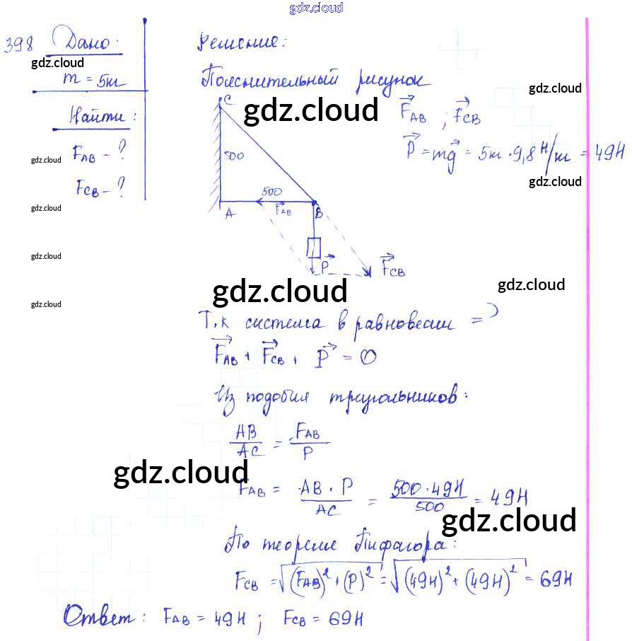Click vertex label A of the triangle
pyautogui.click(x=229, y=216)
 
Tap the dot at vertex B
pyautogui.click(x=315, y=202)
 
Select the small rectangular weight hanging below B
pyautogui.click(x=314, y=248)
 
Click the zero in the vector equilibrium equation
pyautogui.click(x=368, y=357)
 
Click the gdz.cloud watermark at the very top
pyautogui.click(x=316, y=8)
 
